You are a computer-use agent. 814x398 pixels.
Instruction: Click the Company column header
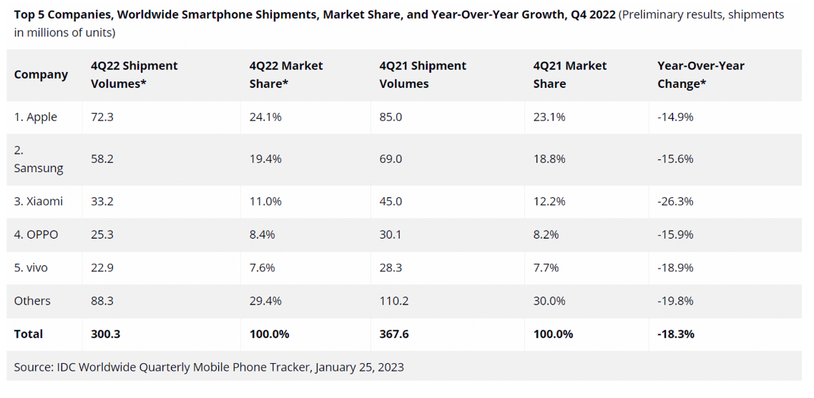coord(41,74)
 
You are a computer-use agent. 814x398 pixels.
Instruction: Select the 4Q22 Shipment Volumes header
coord(134,74)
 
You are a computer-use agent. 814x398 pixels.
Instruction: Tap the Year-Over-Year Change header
coord(700,74)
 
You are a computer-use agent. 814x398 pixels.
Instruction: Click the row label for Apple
coord(36,116)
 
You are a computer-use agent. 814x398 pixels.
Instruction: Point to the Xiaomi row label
coord(39,202)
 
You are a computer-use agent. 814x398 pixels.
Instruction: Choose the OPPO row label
coord(36,234)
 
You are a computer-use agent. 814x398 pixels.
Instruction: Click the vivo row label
coord(31,267)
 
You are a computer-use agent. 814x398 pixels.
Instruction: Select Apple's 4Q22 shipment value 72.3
coord(102,116)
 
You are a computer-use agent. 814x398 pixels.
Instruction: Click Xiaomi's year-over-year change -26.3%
coord(675,202)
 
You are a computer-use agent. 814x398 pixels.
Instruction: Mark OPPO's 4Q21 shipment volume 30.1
coord(391,234)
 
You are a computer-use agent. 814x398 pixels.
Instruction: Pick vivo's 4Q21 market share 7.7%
coord(546,267)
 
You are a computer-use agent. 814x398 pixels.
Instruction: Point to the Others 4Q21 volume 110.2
coord(394,301)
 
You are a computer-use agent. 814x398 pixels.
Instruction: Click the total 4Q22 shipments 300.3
coord(106,334)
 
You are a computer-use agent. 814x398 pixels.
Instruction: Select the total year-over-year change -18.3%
coord(676,334)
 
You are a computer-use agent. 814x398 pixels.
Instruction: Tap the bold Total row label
coord(29,334)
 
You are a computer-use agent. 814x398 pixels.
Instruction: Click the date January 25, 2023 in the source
coord(359,367)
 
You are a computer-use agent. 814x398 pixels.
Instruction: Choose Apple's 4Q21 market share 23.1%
coord(549,116)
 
